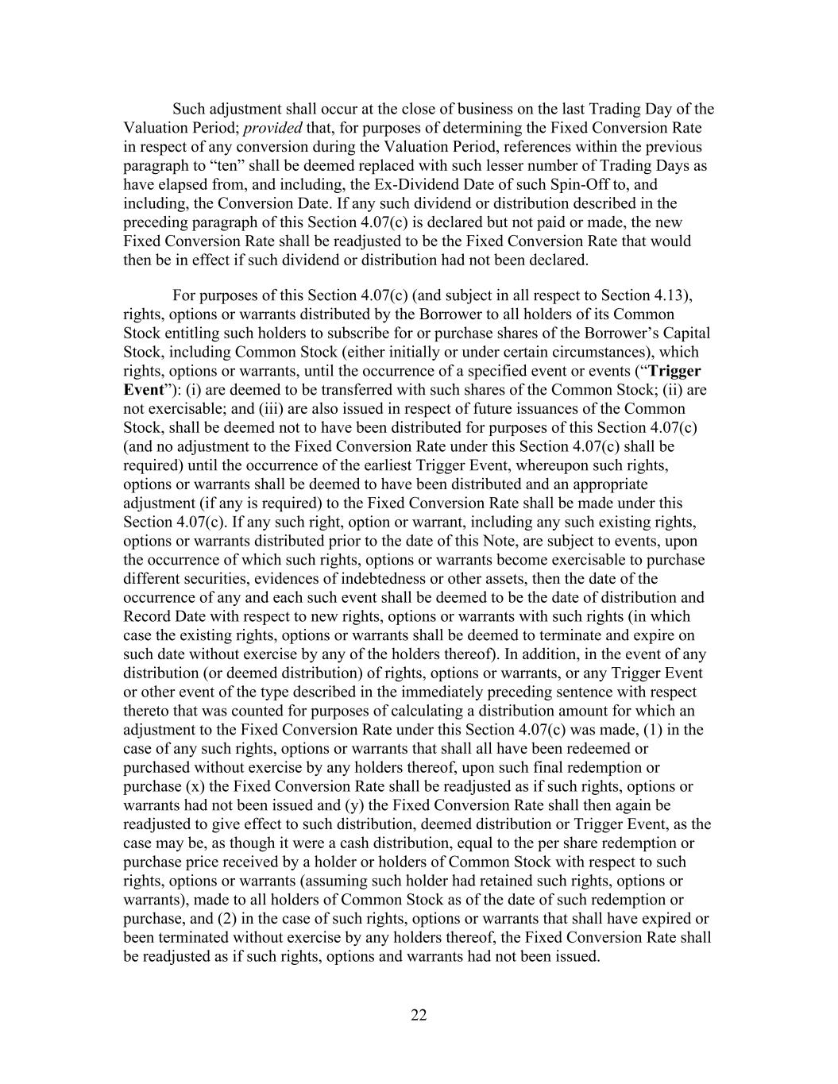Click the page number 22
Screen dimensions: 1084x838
pyautogui.click(x=419, y=1015)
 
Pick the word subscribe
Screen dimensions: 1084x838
pyautogui.click(x=373, y=334)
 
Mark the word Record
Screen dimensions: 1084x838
pyautogui.click(x=147, y=616)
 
